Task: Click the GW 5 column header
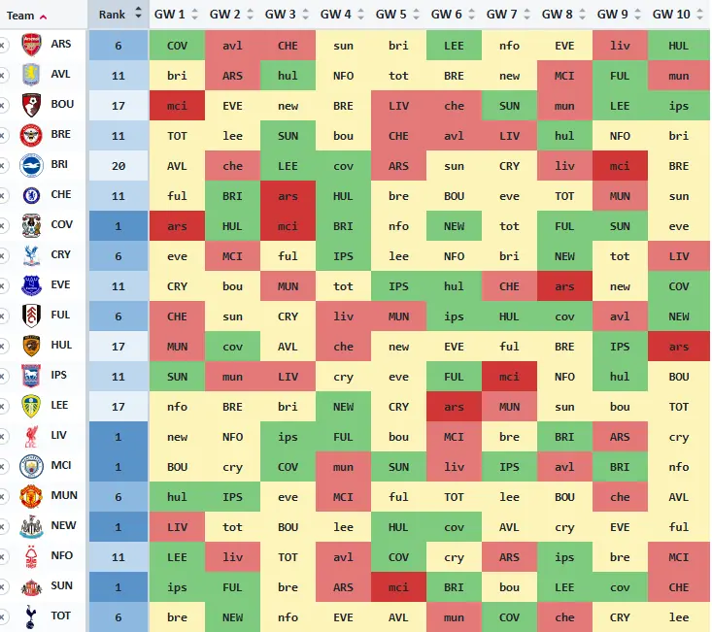tap(390, 15)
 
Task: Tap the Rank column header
tap(112, 15)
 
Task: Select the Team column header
tap(20, 16)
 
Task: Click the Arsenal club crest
tap(31, 45)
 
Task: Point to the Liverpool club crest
tap(31, 436)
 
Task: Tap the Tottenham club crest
tap(30, 616)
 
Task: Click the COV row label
tap(62, 224)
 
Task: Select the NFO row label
tap(62, 555)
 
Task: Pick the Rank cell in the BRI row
tap(119, 166)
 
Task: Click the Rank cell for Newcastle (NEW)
tap(119, 527)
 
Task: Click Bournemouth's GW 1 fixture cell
tap(177, 106)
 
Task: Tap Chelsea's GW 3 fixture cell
tap(288, 196)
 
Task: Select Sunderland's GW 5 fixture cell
tap(398, 587)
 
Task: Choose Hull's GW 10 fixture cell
tap(679, 347)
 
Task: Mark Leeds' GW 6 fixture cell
tap(454, 407)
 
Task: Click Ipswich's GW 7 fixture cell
tap(510, 377)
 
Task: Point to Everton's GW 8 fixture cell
tap(565, 286)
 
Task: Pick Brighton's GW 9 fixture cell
tap(621, 166)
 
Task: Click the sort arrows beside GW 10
tap(700, 14)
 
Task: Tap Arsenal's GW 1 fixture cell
tap(177, 46)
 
